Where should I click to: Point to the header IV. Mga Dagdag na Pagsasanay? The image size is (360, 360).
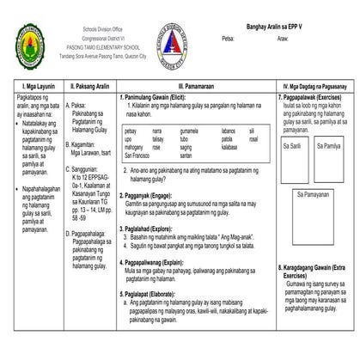click(x=315, y=86)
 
